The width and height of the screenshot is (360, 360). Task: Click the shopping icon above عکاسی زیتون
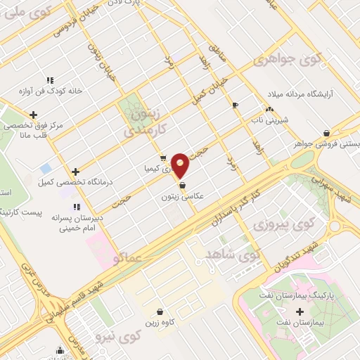183,186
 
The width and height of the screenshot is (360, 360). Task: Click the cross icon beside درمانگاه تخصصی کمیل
76,171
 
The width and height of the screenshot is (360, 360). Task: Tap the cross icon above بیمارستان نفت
301,311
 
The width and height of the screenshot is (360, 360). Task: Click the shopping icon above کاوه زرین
160,311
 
